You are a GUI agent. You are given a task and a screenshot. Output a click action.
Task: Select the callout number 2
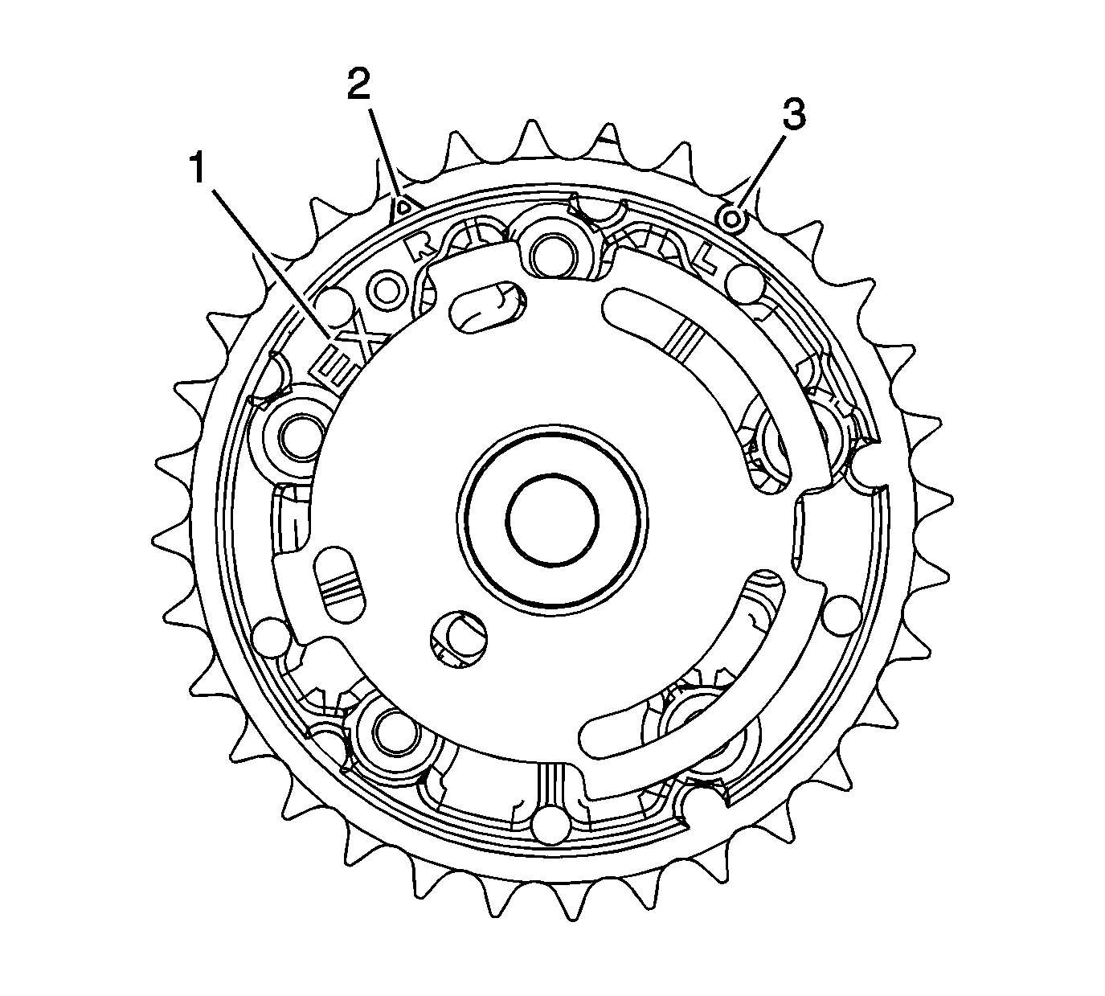click(x=358, y=84)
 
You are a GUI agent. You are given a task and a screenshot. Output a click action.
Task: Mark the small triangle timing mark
click(x=405, y=207)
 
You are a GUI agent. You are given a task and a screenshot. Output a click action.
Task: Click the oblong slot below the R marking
click(x=488, y=303)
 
